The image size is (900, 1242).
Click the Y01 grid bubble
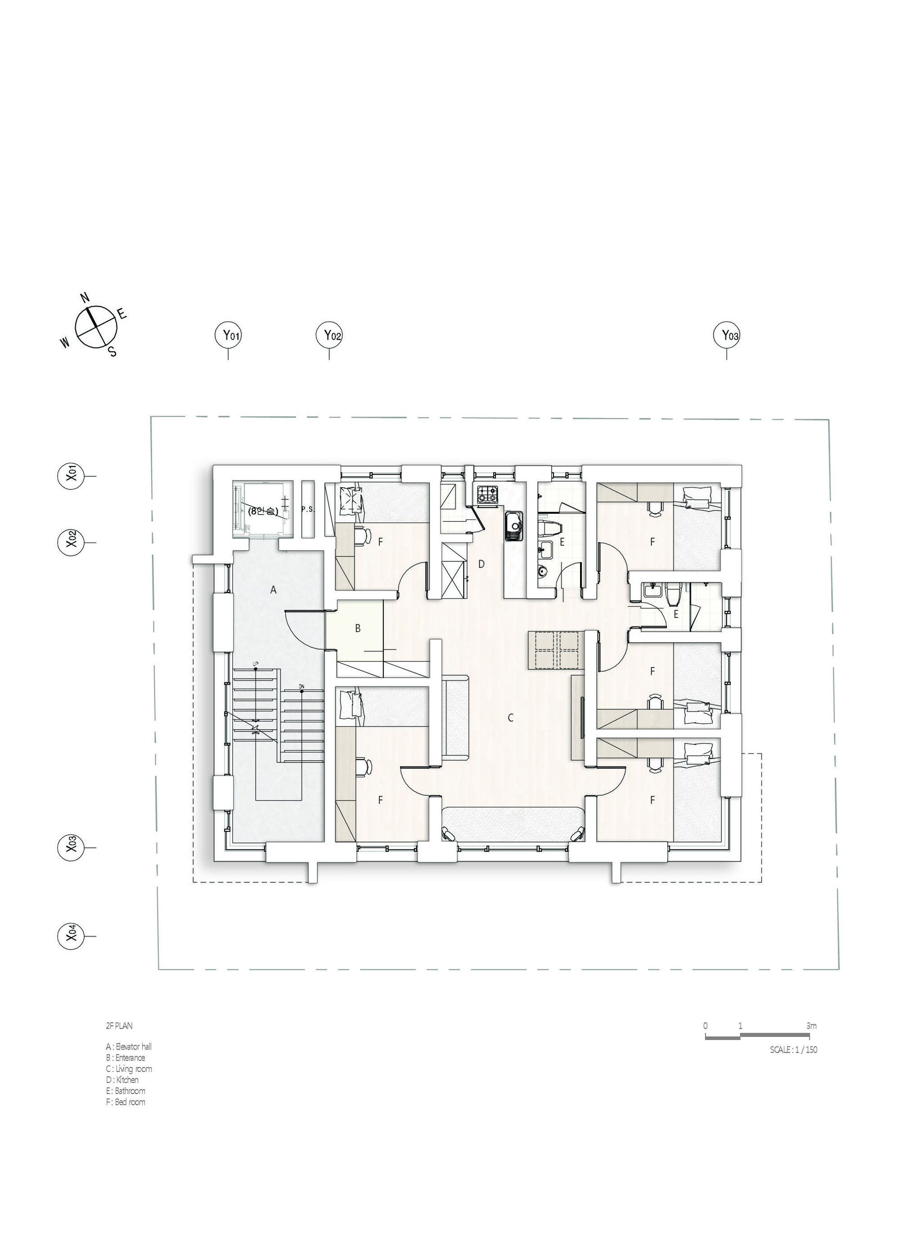[x=228, y=335]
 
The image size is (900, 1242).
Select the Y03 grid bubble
[x=726, y=335]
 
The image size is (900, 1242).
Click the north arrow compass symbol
[x=96, y=327]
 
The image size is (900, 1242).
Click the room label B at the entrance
[x=358, y=628]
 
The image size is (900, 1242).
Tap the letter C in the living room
[x=511, y=717]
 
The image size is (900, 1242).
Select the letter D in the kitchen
[x=481, y=564]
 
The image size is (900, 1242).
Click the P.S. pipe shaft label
[x=308, y=509]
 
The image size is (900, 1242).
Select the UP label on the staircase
[x=255, y=664]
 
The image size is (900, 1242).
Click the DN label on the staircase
[x=302, y=686]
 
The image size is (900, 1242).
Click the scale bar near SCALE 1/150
[x=756, y=1037]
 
